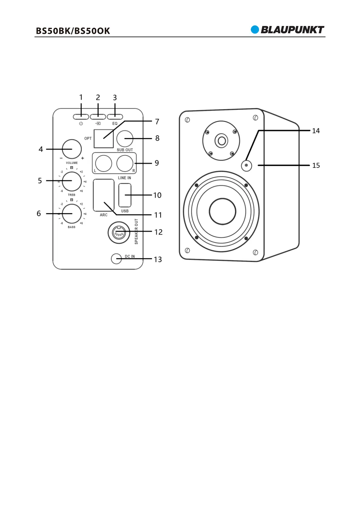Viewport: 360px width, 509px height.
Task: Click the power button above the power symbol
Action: [x=81, y=117]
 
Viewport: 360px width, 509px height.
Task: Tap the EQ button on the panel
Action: [x=115, y=117]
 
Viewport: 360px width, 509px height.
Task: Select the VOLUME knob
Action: [x=72, y=149]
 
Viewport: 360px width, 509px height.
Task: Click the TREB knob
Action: [x=72, y=181]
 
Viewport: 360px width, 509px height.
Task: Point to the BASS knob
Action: [x=72, y=213]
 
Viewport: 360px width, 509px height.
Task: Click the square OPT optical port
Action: [x=103, y=138]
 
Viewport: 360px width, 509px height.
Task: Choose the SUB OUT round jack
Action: [x=125, y=138]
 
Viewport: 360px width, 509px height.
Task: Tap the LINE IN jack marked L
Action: [x=103, y=163]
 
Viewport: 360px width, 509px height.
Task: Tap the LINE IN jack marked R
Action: [x=125, y=163]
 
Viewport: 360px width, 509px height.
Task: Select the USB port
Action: [x=125, y=195]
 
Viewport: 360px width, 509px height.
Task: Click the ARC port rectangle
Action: [x=103, y=195]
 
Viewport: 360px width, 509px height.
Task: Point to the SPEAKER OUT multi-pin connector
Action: [x=119, y=232]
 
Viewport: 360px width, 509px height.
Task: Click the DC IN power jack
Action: [x=116, y=258]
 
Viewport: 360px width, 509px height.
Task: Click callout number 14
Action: [x=316, y=131]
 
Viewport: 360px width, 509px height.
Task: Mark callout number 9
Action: [x=157, y=163]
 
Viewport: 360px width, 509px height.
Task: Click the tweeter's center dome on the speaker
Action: [x=221, y=141]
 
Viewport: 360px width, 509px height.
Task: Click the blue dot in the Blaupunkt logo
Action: [x=255, y=30]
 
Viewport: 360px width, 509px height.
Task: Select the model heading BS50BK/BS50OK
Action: [x=73, y=31]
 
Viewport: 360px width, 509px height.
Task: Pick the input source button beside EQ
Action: [x=98, y=117]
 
